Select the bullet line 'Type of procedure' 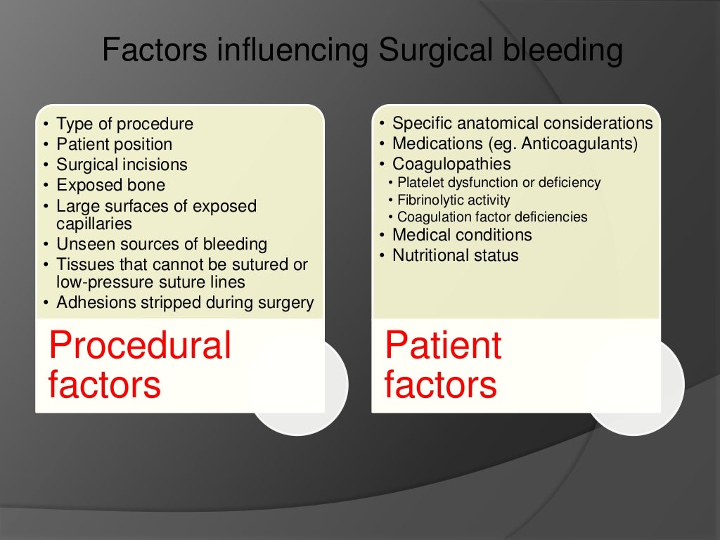tap(124, 124)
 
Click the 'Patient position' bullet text tap(114, 145)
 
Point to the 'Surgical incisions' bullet tap(122, 165)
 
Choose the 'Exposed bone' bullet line tap(110, 186)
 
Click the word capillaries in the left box tap(94, 224)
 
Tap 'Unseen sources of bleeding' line tap(162, 245)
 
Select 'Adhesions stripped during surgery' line tap(185, 302)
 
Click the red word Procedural tap(139, 345)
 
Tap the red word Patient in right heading tap(443, 345)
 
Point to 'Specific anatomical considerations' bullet tap(522, 124)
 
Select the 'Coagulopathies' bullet tap(451, 165)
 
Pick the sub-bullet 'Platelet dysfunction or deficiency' tap(499, 183)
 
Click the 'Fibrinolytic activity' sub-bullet tap(454, 200)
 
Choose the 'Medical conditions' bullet tap(462, 235)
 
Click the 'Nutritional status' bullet tap(455, 255)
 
